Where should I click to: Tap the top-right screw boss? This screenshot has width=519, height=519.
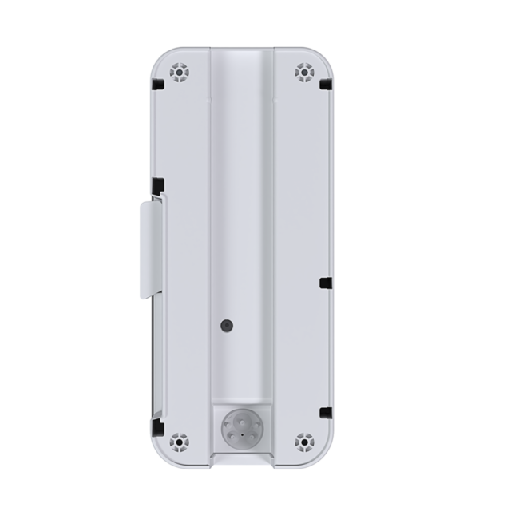point(303,73)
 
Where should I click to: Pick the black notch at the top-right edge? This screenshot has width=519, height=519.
point(326,82)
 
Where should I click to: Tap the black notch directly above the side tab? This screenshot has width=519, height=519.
point(158,184)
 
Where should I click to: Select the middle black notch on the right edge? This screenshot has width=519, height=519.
point(324,282)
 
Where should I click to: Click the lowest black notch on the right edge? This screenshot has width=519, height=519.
point(325,412)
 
